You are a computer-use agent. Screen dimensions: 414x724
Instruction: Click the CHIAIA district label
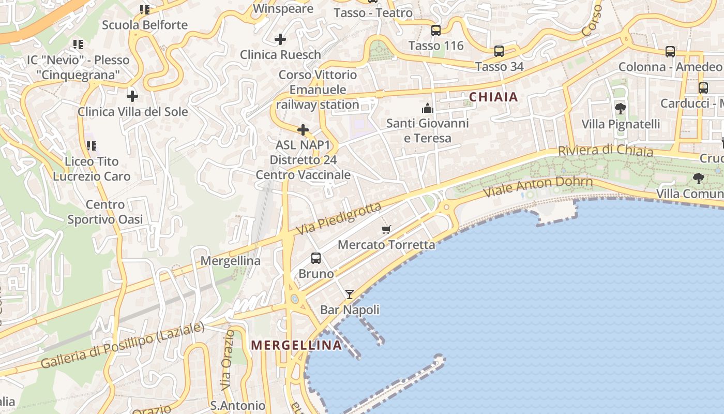(x=493, y=97)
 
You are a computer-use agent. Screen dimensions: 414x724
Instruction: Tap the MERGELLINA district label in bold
(x=296, y=345)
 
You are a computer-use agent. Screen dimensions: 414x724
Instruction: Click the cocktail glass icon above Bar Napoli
(x=350, y=294)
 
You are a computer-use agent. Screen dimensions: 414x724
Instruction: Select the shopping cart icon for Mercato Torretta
(x=386, y=229)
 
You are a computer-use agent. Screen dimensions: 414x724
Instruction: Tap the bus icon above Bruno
(x=316, y=258)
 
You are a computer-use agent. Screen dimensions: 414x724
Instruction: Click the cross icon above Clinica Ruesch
(x=280, y=39)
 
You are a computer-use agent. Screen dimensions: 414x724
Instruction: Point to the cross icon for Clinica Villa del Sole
(x=132, y=96)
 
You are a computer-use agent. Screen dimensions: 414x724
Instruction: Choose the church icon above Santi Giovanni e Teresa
(x=427, y=108)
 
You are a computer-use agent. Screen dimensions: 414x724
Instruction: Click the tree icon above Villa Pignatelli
(x=620, y=109)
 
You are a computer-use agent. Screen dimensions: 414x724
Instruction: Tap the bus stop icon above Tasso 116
(x=436, y=31)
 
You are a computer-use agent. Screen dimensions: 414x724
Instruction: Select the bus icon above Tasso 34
(x=499, y=51)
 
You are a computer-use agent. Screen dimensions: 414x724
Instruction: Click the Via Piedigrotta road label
(x=339, y=218)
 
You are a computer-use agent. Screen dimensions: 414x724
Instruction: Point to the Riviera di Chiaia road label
(x=605, y=151)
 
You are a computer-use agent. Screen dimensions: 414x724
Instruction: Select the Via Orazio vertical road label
(x=227, y=360)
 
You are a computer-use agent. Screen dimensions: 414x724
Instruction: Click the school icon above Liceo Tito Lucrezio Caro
(x=91, y=146)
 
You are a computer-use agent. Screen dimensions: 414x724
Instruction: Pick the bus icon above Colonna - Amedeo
(x=670, y=52)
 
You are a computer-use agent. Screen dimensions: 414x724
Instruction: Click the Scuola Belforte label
(x=145, y=25)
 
